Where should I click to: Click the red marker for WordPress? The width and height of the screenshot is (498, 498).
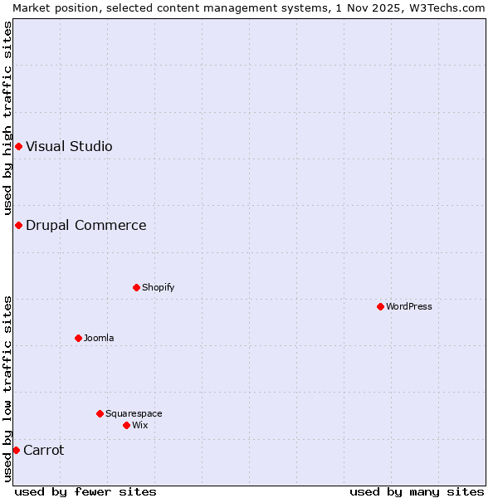click(x=380, y=306)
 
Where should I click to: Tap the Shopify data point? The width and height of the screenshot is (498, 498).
click(x=136, y=287)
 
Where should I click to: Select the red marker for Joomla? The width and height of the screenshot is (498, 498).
click(x=78, y=338)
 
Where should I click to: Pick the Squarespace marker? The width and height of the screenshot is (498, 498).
click(x=100, y=413)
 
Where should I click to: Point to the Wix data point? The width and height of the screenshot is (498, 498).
click(x=126, y=425)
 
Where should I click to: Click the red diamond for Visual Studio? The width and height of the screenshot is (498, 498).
click(x=18, y=147)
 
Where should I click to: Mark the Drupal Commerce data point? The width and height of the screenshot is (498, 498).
click(x=18, y=225)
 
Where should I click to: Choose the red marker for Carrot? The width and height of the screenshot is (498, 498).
click(x=16, y=450)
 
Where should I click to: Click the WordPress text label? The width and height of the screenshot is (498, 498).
click(x=409, y=306)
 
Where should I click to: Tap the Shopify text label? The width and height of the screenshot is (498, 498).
click(x=158, y=287)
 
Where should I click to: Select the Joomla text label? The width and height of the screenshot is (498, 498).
click(x=99, y=338)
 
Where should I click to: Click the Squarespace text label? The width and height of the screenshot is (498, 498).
click(x=134, y=413)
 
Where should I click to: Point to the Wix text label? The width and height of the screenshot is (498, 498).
click(x=139, y=425)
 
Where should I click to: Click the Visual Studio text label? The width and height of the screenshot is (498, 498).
click(x=69, y=147)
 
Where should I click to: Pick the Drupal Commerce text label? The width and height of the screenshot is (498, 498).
click(x=85, y=225)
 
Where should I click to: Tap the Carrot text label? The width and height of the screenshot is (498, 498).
click(x=43, y=450)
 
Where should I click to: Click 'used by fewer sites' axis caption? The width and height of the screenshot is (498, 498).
click(x=85, y=491)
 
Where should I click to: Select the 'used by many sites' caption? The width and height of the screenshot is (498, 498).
click(x=416, y=491)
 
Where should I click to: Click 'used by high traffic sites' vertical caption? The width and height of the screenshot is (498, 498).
click(x=7, y=119)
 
